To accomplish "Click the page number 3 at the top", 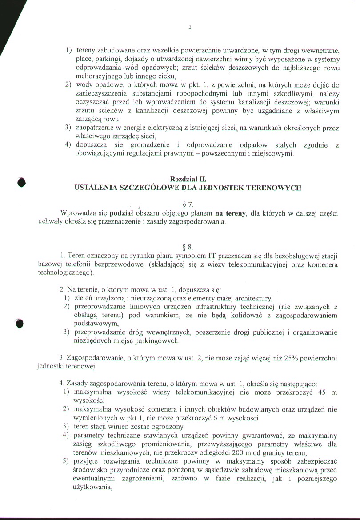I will (190, 27).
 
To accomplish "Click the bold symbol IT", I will (212, 256).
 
